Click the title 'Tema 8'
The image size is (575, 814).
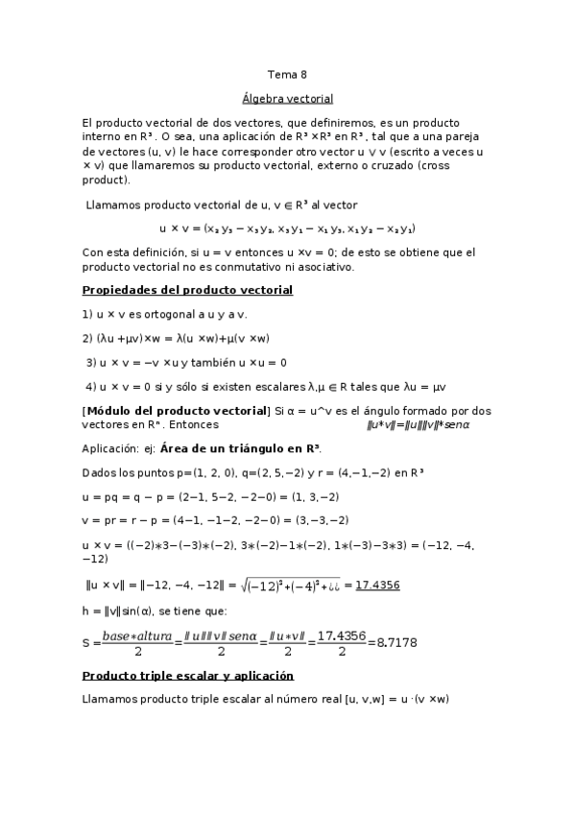click(x=287, y=74)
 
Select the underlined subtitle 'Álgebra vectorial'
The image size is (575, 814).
click(x=287, y=99)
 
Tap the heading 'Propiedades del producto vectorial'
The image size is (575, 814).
click(x=187, y=290)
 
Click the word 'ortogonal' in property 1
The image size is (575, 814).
click(x=170, y=314)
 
